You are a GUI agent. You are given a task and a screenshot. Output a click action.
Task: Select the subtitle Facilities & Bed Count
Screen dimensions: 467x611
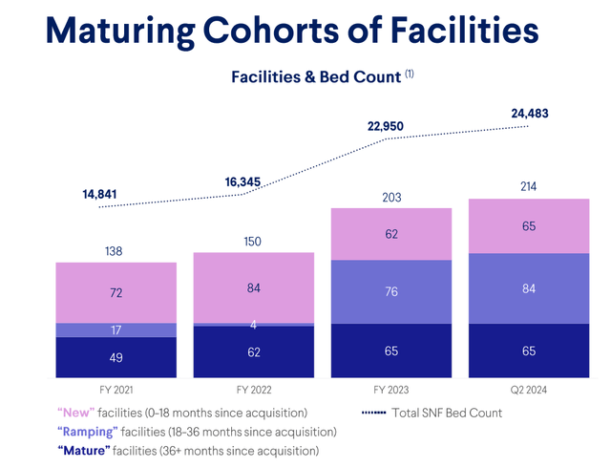(315, 76)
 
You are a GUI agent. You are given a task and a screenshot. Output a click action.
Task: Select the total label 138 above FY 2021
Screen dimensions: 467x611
(116, 251)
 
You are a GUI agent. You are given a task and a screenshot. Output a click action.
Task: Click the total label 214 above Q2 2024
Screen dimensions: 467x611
(528, 186)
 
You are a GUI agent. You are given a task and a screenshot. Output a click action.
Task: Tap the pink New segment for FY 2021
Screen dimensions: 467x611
(116, 292)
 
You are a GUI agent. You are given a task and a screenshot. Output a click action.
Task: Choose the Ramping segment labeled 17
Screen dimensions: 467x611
(116, 330)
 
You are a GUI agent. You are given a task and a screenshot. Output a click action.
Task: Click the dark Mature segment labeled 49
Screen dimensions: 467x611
(116, 357)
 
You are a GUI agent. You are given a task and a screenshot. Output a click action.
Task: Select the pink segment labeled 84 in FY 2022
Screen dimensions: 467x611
(253, 287)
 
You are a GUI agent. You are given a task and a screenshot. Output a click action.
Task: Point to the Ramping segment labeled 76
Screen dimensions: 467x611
(390, 291)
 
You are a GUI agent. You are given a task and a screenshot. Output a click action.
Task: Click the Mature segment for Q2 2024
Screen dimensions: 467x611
(528, 350)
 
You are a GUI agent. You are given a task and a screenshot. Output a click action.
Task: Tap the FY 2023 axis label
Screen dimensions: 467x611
(390, 391)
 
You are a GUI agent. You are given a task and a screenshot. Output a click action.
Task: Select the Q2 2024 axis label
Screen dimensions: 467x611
(528, 391)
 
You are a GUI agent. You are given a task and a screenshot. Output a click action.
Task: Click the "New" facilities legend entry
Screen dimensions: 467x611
(182, 413)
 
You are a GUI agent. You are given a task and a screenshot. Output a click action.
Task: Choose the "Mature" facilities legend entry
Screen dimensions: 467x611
(188, 450)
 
